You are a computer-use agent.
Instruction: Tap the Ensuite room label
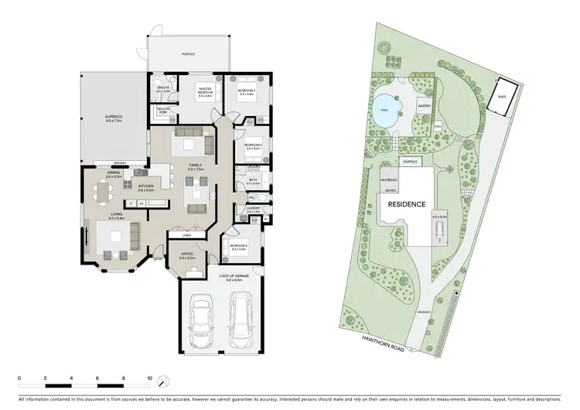(163, 90)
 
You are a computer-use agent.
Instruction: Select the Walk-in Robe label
(163, 111)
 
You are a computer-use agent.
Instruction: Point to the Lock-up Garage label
(221, 278)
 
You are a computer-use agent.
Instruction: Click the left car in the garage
(203, 319)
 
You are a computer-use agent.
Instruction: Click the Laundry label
(252, 209)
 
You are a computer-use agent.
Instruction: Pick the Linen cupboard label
(186, 234)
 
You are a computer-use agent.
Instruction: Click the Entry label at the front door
(158, 258)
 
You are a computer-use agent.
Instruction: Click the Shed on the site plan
(502, 97)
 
